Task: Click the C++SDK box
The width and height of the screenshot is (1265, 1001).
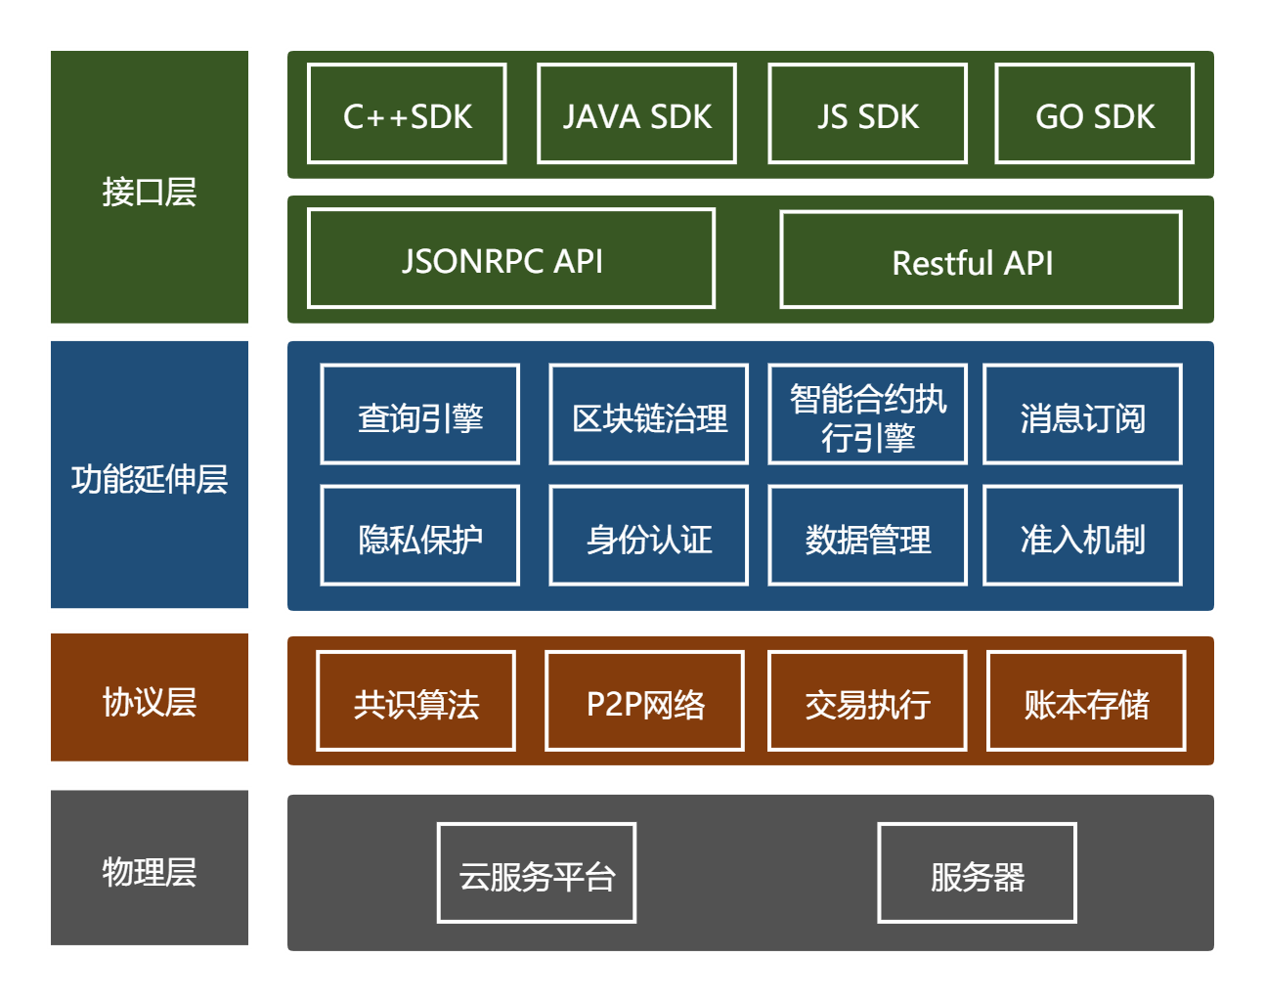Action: click(x=407, y=114)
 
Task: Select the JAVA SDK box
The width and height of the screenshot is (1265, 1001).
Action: click(x=636, y=114)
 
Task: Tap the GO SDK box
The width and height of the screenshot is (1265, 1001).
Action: click(x=1094, y=114)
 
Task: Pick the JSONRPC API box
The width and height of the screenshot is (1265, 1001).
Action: click(x=511, y=259)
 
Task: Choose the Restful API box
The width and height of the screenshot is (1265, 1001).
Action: click(x=981, y=260)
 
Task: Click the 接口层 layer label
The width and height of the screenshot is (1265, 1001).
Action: click(x=150, y=188)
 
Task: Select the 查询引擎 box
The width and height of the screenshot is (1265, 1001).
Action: click(x=419, y=414)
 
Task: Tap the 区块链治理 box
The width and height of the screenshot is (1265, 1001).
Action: click(x=649, y=414)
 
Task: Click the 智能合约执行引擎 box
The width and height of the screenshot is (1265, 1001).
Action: click(x=868, y=414)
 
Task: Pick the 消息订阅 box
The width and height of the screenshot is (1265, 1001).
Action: click(x=1082, y=414)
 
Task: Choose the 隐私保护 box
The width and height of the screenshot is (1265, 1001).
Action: click(x=419, y=536)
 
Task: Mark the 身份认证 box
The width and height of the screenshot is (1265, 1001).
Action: click(x=649, y=536)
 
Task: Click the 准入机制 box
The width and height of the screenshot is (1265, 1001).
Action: click(x=1082, y=536)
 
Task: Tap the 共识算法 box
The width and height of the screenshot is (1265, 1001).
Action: click(x=415, y=701)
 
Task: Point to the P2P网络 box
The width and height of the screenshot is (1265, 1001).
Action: click(x=644, y=701)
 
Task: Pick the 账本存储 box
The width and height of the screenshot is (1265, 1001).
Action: click(x=1086, y=701)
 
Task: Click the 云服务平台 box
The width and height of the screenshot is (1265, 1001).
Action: click(x=537, y=873)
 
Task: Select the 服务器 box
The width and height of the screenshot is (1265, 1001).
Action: click(x=977, y=873)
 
